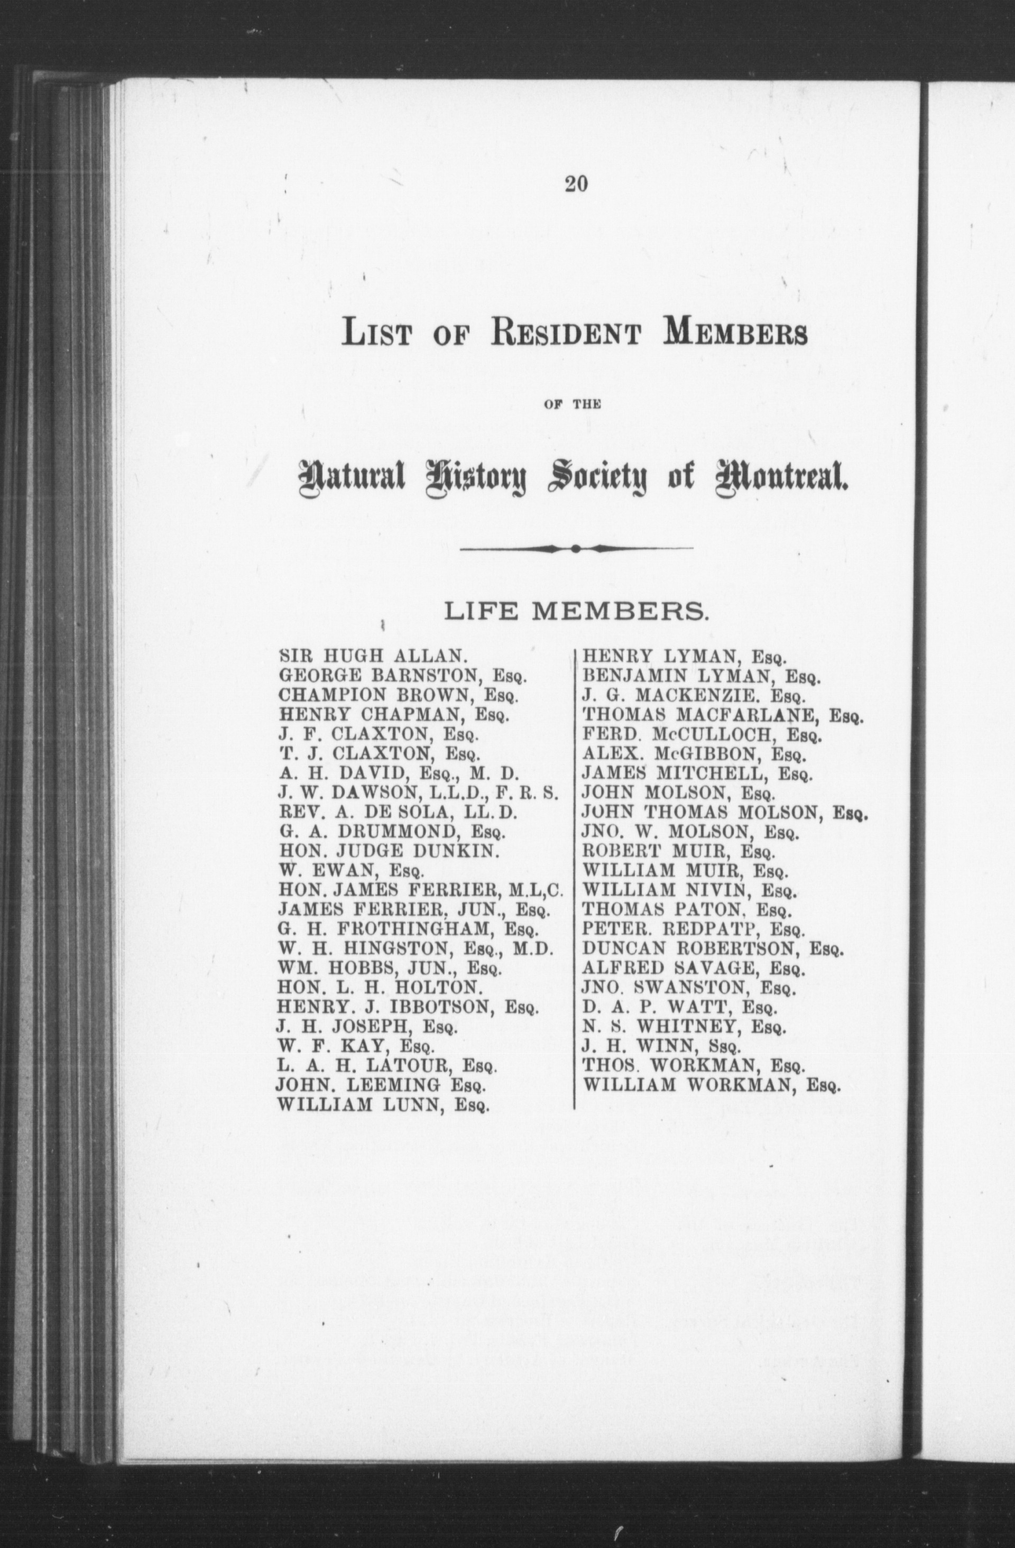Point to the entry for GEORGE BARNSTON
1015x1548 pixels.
click(x=401, y=676)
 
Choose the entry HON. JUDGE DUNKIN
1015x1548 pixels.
click(x=380, y=851)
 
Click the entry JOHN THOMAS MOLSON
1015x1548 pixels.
click(x=725, y=813)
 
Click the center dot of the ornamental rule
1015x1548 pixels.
click(x=576, y=548)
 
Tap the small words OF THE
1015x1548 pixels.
click(x=573, y=404)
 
